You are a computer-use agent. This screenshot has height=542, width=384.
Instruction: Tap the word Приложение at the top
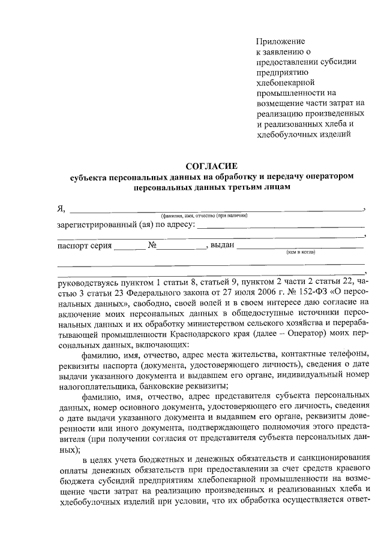280,42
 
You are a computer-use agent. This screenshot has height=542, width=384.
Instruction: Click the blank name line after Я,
216,208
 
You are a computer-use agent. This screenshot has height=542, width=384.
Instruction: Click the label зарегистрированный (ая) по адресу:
125,225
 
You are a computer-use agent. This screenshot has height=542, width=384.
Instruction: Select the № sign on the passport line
143,246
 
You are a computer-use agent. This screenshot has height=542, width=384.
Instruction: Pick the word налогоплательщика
94,386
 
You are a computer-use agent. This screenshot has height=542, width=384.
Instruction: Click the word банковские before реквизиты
161,386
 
